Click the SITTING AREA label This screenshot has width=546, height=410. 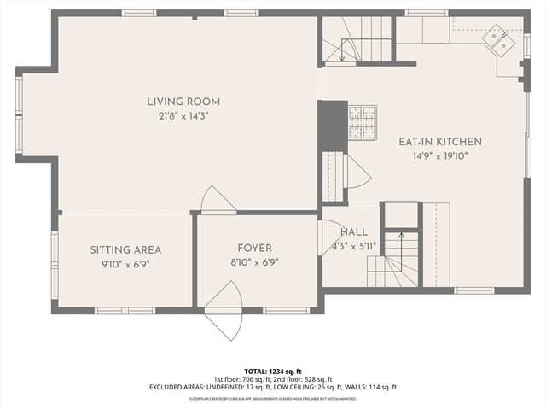125,250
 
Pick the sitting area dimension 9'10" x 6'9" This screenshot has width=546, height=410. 125,264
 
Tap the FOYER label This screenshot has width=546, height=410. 255,248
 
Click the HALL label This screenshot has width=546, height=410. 354,232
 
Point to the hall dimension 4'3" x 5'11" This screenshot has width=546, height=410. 354,246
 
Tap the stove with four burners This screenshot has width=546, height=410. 362,121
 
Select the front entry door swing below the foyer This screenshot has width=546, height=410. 224,311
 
